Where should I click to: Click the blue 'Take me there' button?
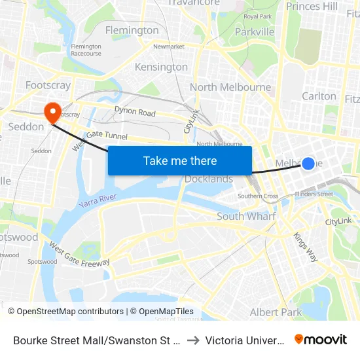tap(180, 160)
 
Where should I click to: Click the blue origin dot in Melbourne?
tap(308, 163)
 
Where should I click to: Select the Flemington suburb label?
tap(132, 30)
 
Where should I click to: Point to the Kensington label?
tap(161, 67)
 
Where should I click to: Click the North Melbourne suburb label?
tap(230, 87)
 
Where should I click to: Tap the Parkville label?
tap(255, 31)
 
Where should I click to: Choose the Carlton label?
tap(319, 96)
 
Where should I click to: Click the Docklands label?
tap(209, 179)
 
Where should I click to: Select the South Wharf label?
tap(246, 216)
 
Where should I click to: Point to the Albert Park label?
tap(276, 312)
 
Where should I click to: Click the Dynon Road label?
tap(135, 112)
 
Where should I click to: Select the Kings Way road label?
tap(305, 247)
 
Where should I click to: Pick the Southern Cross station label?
tap(258, 196)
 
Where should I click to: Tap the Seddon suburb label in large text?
tap(26, 126)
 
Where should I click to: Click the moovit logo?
tap(321, 339)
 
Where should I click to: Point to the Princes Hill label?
tap(312, 6)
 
